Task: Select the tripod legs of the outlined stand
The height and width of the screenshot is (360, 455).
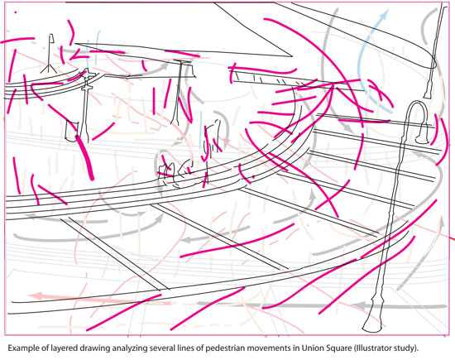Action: click(49, 69)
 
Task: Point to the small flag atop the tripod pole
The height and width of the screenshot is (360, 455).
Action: click(52, 38)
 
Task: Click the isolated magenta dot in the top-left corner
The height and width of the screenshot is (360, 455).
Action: click(16, 12)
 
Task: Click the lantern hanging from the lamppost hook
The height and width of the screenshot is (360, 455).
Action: click(422, 133)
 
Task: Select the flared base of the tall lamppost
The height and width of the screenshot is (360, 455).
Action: click(373, 323)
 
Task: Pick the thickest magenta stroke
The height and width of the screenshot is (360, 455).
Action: click(84, 157)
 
